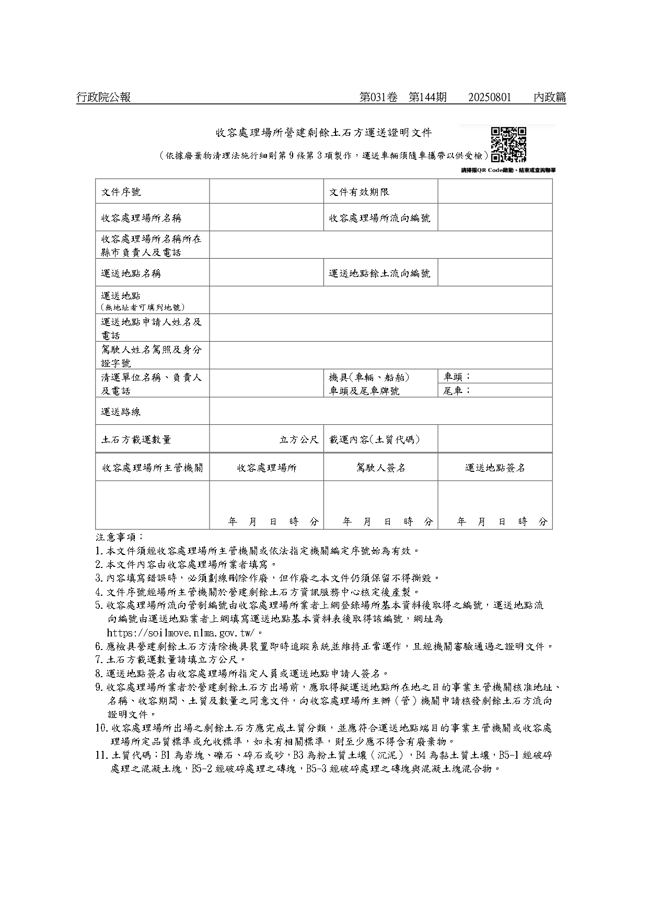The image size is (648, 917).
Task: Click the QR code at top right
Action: coord(508,145)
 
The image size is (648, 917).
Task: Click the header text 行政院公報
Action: coord(103,97)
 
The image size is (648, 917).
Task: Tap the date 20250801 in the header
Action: coord(490,97)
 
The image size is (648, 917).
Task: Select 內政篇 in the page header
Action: coord(550,97)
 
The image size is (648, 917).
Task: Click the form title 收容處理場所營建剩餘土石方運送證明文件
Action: coord(324,133)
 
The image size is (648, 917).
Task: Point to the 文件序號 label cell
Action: coord(121,192)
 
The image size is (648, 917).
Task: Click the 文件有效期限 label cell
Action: coord(359,192)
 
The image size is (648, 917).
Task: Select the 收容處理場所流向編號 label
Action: coord(379,218)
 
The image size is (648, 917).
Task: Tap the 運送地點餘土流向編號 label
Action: coord(379,273)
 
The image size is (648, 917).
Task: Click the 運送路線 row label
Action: coord(121,412)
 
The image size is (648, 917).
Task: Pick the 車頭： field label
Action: coord(457,377)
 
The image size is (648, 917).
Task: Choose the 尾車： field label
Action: coord(457,390)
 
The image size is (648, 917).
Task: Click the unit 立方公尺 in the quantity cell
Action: coord(299,439)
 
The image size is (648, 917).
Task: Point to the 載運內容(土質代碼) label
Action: coord(374,439)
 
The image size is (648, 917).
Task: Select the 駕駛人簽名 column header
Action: coord(380,468)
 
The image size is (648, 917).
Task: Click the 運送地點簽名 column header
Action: coord(495,468)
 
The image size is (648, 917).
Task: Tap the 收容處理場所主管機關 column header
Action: coord(153,468)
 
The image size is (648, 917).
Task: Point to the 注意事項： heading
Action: coord(119,537)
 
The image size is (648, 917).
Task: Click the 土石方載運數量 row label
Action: coord(136,439)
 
